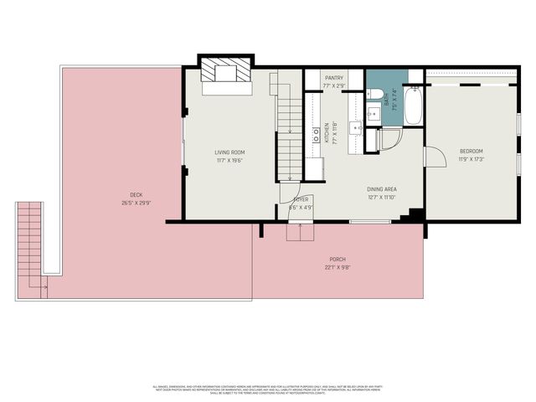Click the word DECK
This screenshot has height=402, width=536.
pyautogui.click(x=124, y=194)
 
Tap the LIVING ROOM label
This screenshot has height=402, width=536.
pyautogui.click(x=228, y=152)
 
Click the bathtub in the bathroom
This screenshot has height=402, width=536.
pyautogui.click(x=413, y=106)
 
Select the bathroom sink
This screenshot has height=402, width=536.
pyautogui.click(x=373, y=105)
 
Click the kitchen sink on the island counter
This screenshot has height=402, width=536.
pyautogui.click(x=356, y=127)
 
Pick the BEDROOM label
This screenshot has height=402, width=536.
pyautogui.click(x=472, y=152)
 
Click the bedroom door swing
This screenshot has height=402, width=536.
pyautogui.click(x=434, y=157)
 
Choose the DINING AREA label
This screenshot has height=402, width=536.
pyautogui.click(x=381, y=190)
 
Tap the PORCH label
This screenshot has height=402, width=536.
pyautogui.click(x=337, y=260)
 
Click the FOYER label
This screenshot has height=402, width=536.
pyautogui.click(x=301, y=199)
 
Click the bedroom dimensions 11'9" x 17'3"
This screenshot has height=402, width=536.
pyautogui.click(x=472, y=159)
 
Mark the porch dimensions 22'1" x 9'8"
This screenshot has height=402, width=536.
pyautogui.click(x=337, y=267)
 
